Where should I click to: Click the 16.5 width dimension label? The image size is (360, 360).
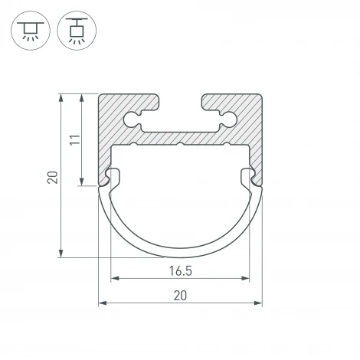(181, 271)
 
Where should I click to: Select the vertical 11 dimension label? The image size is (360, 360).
(75, 139)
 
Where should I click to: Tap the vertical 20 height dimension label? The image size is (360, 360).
(53, 178)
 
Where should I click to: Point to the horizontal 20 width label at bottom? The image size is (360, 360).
(180, 296)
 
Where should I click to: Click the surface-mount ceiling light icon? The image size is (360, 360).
(31, 31)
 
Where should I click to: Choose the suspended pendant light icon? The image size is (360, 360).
(77, 31)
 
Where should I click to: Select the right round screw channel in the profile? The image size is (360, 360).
(229, 119)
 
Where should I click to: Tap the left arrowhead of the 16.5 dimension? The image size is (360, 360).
(115, 278)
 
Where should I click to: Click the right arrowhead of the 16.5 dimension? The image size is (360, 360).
(245, 278)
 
